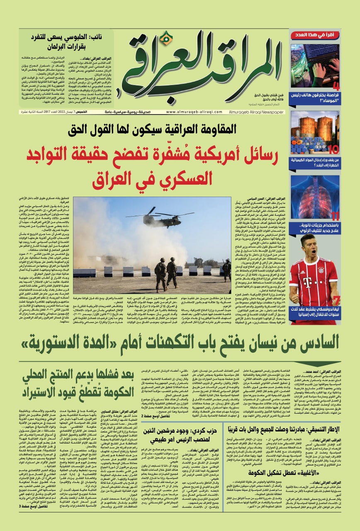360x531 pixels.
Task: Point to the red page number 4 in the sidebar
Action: click(x=336, y=87)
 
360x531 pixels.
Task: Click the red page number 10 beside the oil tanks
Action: click(x=333, y=150)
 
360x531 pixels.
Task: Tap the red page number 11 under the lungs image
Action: click(x=335, y=216)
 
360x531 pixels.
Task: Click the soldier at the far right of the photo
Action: click(x=227, y=269)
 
